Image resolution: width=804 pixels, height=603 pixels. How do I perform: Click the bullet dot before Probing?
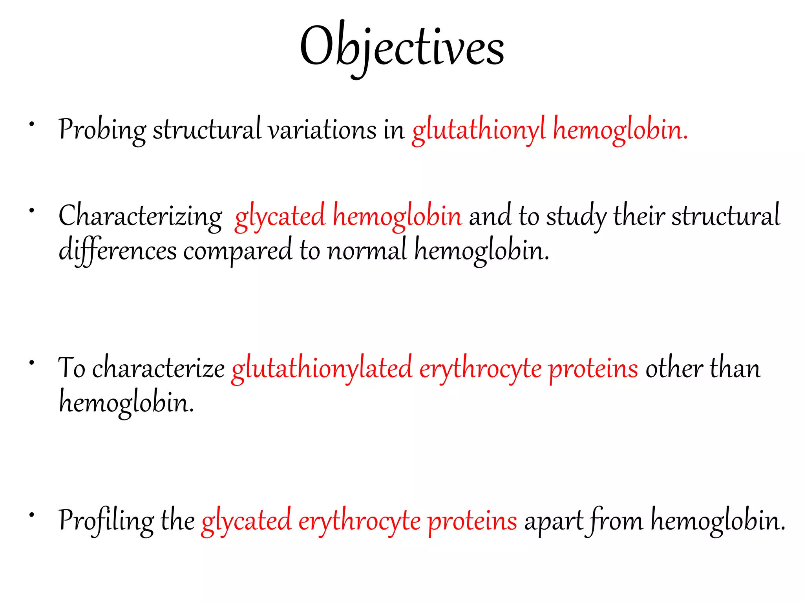pyautogui.click(x=32, y=124)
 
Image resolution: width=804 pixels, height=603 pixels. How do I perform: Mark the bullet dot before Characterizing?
pyautogui.click(x=32, y=211)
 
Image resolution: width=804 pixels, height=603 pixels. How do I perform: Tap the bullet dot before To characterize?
pyautogui.click(x=32, y=363)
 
